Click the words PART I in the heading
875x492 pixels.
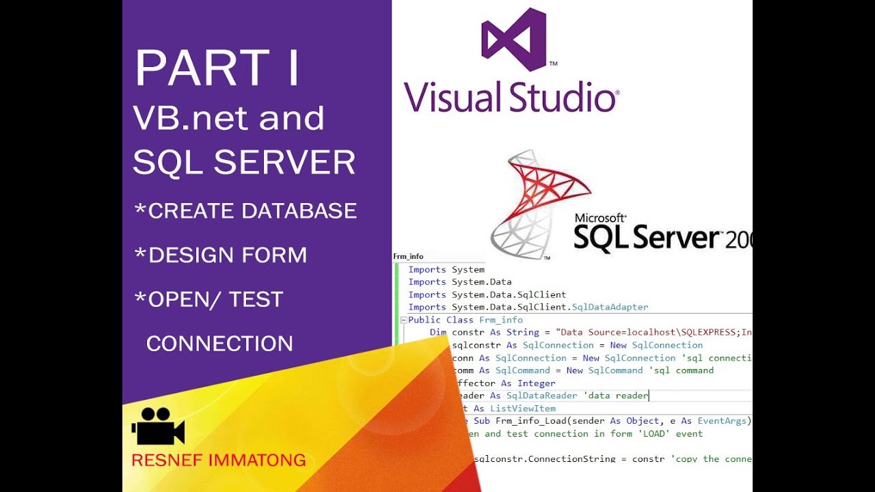coord(217,68)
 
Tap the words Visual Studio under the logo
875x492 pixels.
coord(511,97)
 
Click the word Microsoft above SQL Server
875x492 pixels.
coord(600,219)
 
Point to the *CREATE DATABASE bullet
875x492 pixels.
coord(245,210)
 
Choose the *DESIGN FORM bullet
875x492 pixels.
coord(220,255)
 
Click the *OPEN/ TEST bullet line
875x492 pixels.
coord(208,299)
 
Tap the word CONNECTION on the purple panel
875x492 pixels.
coord(219,343)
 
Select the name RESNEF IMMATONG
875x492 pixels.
coord(218,460)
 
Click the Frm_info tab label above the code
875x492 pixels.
coord(408,257)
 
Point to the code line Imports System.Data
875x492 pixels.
coord(459,282)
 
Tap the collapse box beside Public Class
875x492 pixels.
coord(403,320)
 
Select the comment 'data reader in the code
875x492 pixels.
coord(615,396)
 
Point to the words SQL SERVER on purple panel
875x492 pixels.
coord(244,163)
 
